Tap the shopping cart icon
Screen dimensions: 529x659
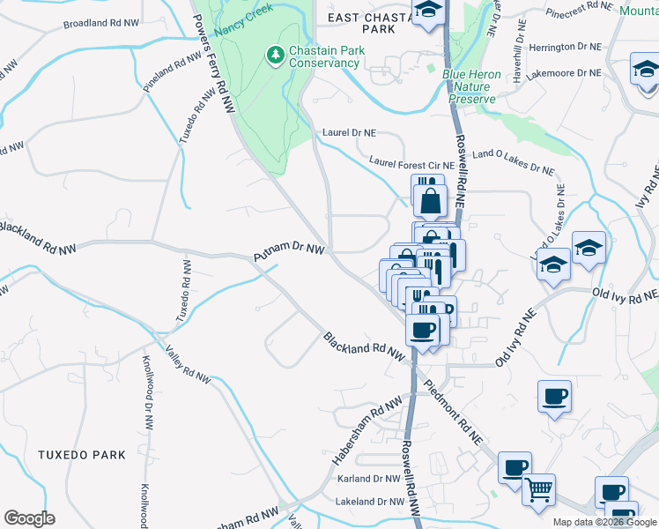pos(539,488)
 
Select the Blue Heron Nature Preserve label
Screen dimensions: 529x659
pos(471,86)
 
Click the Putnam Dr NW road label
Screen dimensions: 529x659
pos(289,253)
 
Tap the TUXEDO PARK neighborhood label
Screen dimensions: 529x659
pos(82,455)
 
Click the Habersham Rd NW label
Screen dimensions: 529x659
pos(367,431)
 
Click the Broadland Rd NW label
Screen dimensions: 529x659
pos(101,22)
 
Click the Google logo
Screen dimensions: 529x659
pos(29,518)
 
